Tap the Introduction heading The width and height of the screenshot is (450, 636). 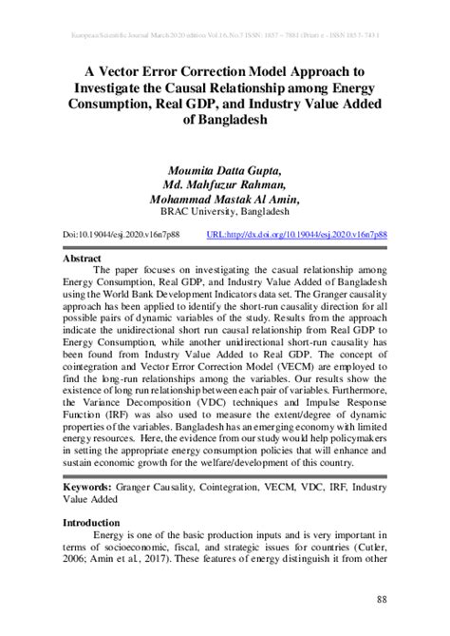point(91,523)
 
